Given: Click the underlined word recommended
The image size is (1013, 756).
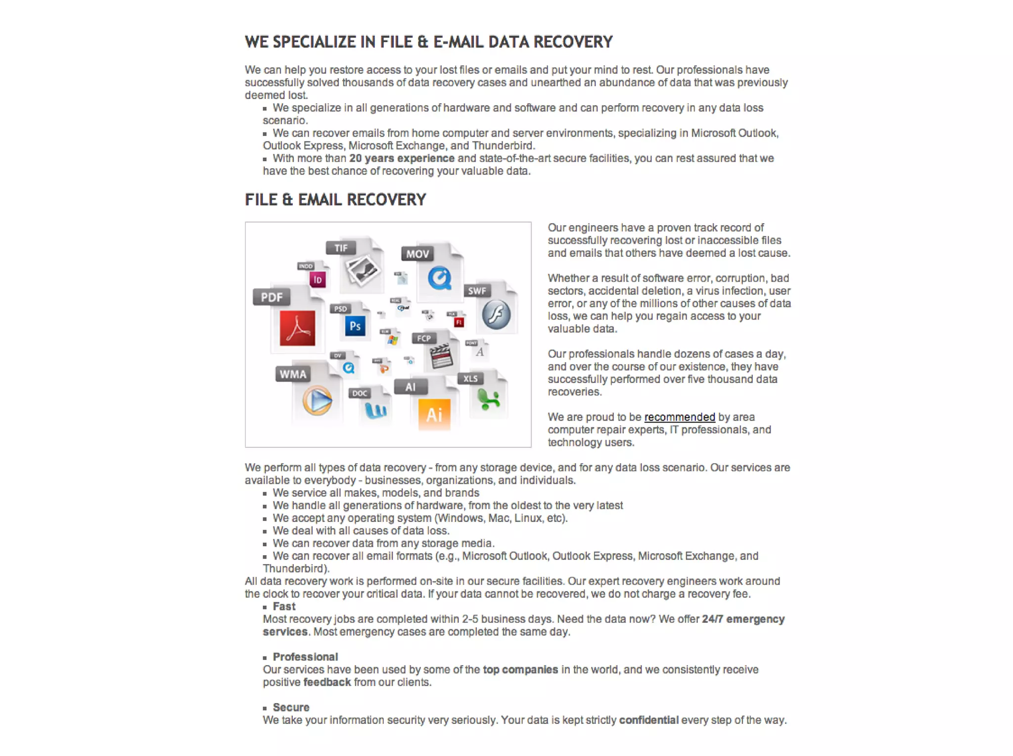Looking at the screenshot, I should (679, 417).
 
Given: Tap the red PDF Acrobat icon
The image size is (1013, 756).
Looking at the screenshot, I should (297, 328).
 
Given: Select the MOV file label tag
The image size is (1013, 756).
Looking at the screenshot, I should (417, 254).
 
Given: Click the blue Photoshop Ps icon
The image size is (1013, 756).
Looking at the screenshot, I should (355, 326).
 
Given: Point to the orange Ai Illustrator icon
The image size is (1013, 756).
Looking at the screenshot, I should (434, 414).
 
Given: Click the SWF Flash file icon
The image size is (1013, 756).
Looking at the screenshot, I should (496, 314).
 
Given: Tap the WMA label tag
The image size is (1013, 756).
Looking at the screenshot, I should (293, 374).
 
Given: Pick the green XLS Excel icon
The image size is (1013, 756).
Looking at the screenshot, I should (489, 399).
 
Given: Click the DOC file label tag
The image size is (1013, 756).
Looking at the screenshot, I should (360, 393).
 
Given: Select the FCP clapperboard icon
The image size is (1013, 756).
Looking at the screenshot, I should (441, 356).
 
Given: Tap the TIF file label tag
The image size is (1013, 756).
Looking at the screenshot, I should (341, 248).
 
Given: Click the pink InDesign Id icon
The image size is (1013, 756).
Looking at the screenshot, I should (318, 280).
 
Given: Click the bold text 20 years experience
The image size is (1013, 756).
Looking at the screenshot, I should (402, 158).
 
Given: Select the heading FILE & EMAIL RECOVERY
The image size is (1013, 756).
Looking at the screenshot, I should (335, 200).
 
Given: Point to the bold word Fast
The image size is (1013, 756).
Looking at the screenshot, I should (284, 607).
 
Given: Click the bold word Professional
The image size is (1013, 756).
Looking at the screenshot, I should (305, 657).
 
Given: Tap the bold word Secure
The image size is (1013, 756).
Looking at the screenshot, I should (291, 708).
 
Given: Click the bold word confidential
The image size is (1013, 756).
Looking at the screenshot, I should (648, 720).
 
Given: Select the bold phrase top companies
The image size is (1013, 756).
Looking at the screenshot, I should (520, 669).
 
